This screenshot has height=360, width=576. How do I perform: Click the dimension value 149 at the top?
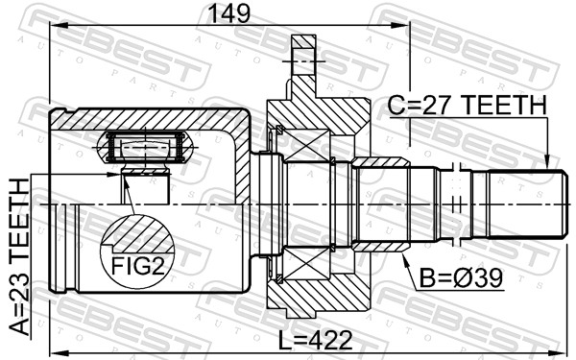228,13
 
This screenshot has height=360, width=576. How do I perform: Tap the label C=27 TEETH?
468,106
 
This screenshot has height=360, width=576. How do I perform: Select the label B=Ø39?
461,278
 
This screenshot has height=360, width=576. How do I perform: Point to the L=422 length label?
315,340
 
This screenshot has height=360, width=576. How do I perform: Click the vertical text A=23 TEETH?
19,257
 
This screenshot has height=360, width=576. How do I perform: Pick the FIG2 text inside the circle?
137,266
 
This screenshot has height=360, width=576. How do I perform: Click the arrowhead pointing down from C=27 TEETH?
546,160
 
